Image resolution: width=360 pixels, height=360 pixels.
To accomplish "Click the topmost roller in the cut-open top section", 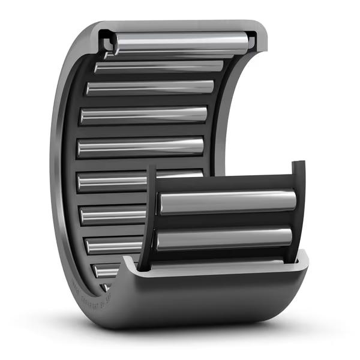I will click(180, 41).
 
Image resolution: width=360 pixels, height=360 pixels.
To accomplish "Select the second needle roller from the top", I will click(159, 67).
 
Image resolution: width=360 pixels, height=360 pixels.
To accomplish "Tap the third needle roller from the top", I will click(150, 88).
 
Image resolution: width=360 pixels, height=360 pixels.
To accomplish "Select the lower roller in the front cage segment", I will click(224, 238).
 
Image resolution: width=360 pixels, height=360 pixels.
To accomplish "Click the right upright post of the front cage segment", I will click(298, 210).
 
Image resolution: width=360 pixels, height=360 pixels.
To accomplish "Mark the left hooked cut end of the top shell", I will click(108, 41).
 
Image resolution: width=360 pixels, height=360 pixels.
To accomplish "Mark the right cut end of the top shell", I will click(253, 40).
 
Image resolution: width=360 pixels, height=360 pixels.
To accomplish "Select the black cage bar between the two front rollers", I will click(225, 220).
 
